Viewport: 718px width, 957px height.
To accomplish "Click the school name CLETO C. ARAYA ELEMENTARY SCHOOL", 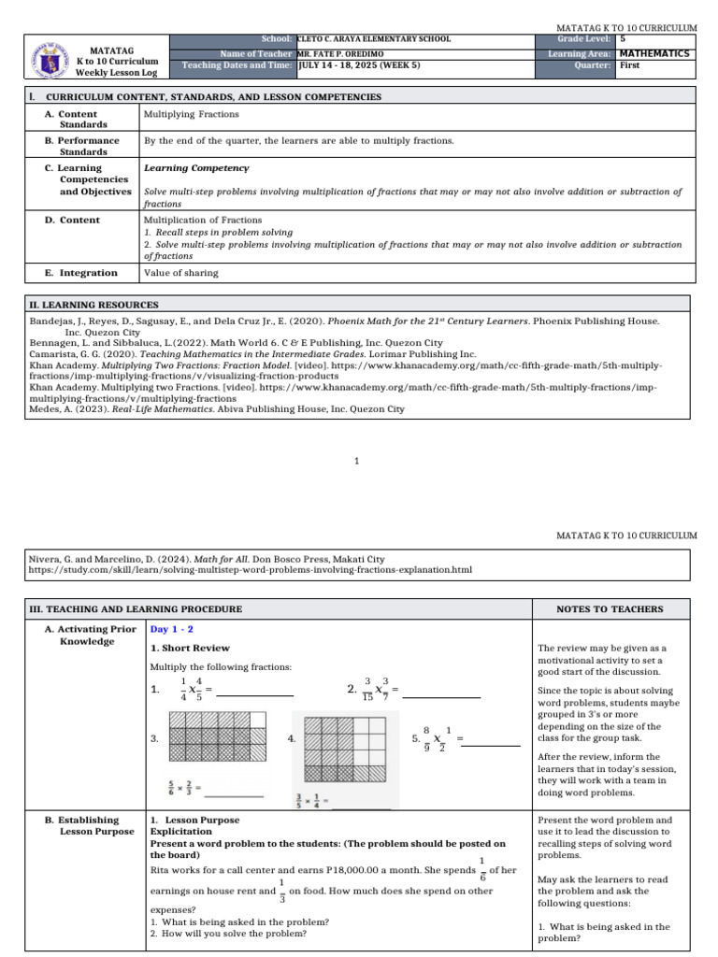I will [x=374, y=39].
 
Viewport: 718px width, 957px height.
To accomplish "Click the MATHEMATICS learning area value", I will [x=654, y=53].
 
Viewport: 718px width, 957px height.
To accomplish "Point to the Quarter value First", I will [x=631, y=66].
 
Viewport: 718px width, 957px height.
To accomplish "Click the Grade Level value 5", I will [x=624, y=39].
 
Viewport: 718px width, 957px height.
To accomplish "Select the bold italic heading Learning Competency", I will [x=196, y=168].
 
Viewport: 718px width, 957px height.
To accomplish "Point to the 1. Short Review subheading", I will [x=190, y=648].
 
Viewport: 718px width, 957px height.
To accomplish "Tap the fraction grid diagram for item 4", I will [x=342, y=749].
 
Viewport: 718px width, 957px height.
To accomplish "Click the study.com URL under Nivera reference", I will [x=251, y=569].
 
